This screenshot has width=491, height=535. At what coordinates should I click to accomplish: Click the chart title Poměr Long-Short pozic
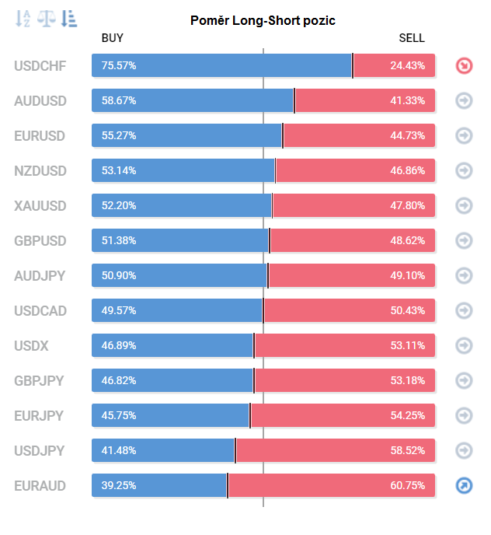pyautogui.click(x=263, y=20)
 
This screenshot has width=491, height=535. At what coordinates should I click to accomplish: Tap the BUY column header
pyautogui.click(x=113, y=38)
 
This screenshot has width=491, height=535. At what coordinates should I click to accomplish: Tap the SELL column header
pyautogui.click(x=412, y=38)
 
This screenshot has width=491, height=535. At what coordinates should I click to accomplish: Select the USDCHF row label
pyautogui.click(x=40, y=66)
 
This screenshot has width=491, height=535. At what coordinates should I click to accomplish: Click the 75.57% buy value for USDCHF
pyautogui.click(x=119, y=66)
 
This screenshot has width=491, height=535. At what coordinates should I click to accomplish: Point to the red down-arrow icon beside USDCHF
pyautogui.click(x=464, y=66)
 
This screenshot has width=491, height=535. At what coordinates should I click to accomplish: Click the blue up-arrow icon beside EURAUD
pyautogui.click(x=464, y=486)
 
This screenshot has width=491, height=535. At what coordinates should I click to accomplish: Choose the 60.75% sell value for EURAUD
pyautogui.click(x=407, y=486)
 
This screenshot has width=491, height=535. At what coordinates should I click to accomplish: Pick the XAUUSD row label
pyautogui.click(x=40, y=206)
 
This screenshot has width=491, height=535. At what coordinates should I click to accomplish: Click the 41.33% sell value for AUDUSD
pyautogui.click(x=407, y=101)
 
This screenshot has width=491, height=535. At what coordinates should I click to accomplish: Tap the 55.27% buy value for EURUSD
pyautogui.click(x=119, y=136)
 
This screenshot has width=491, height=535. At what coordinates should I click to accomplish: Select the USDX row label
pyautogui.click(x=31, y=346)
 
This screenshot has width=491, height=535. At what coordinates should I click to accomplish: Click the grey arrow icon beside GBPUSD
pyautogui.click(x=464, y=241)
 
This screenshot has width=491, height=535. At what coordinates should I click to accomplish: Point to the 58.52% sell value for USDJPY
pyautogui.click(x=407, y=451)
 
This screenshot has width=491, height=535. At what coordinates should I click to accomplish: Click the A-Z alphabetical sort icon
pyautogui.click(x=24, y=19)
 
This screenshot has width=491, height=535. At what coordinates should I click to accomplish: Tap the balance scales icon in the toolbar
pyautogui.click(x=47, y=19)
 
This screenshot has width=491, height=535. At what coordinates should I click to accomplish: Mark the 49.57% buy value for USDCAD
pyautogui.click(x=119, y=311)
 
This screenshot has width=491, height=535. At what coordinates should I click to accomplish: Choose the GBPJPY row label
pyautogui.click(x=39, y=381)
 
